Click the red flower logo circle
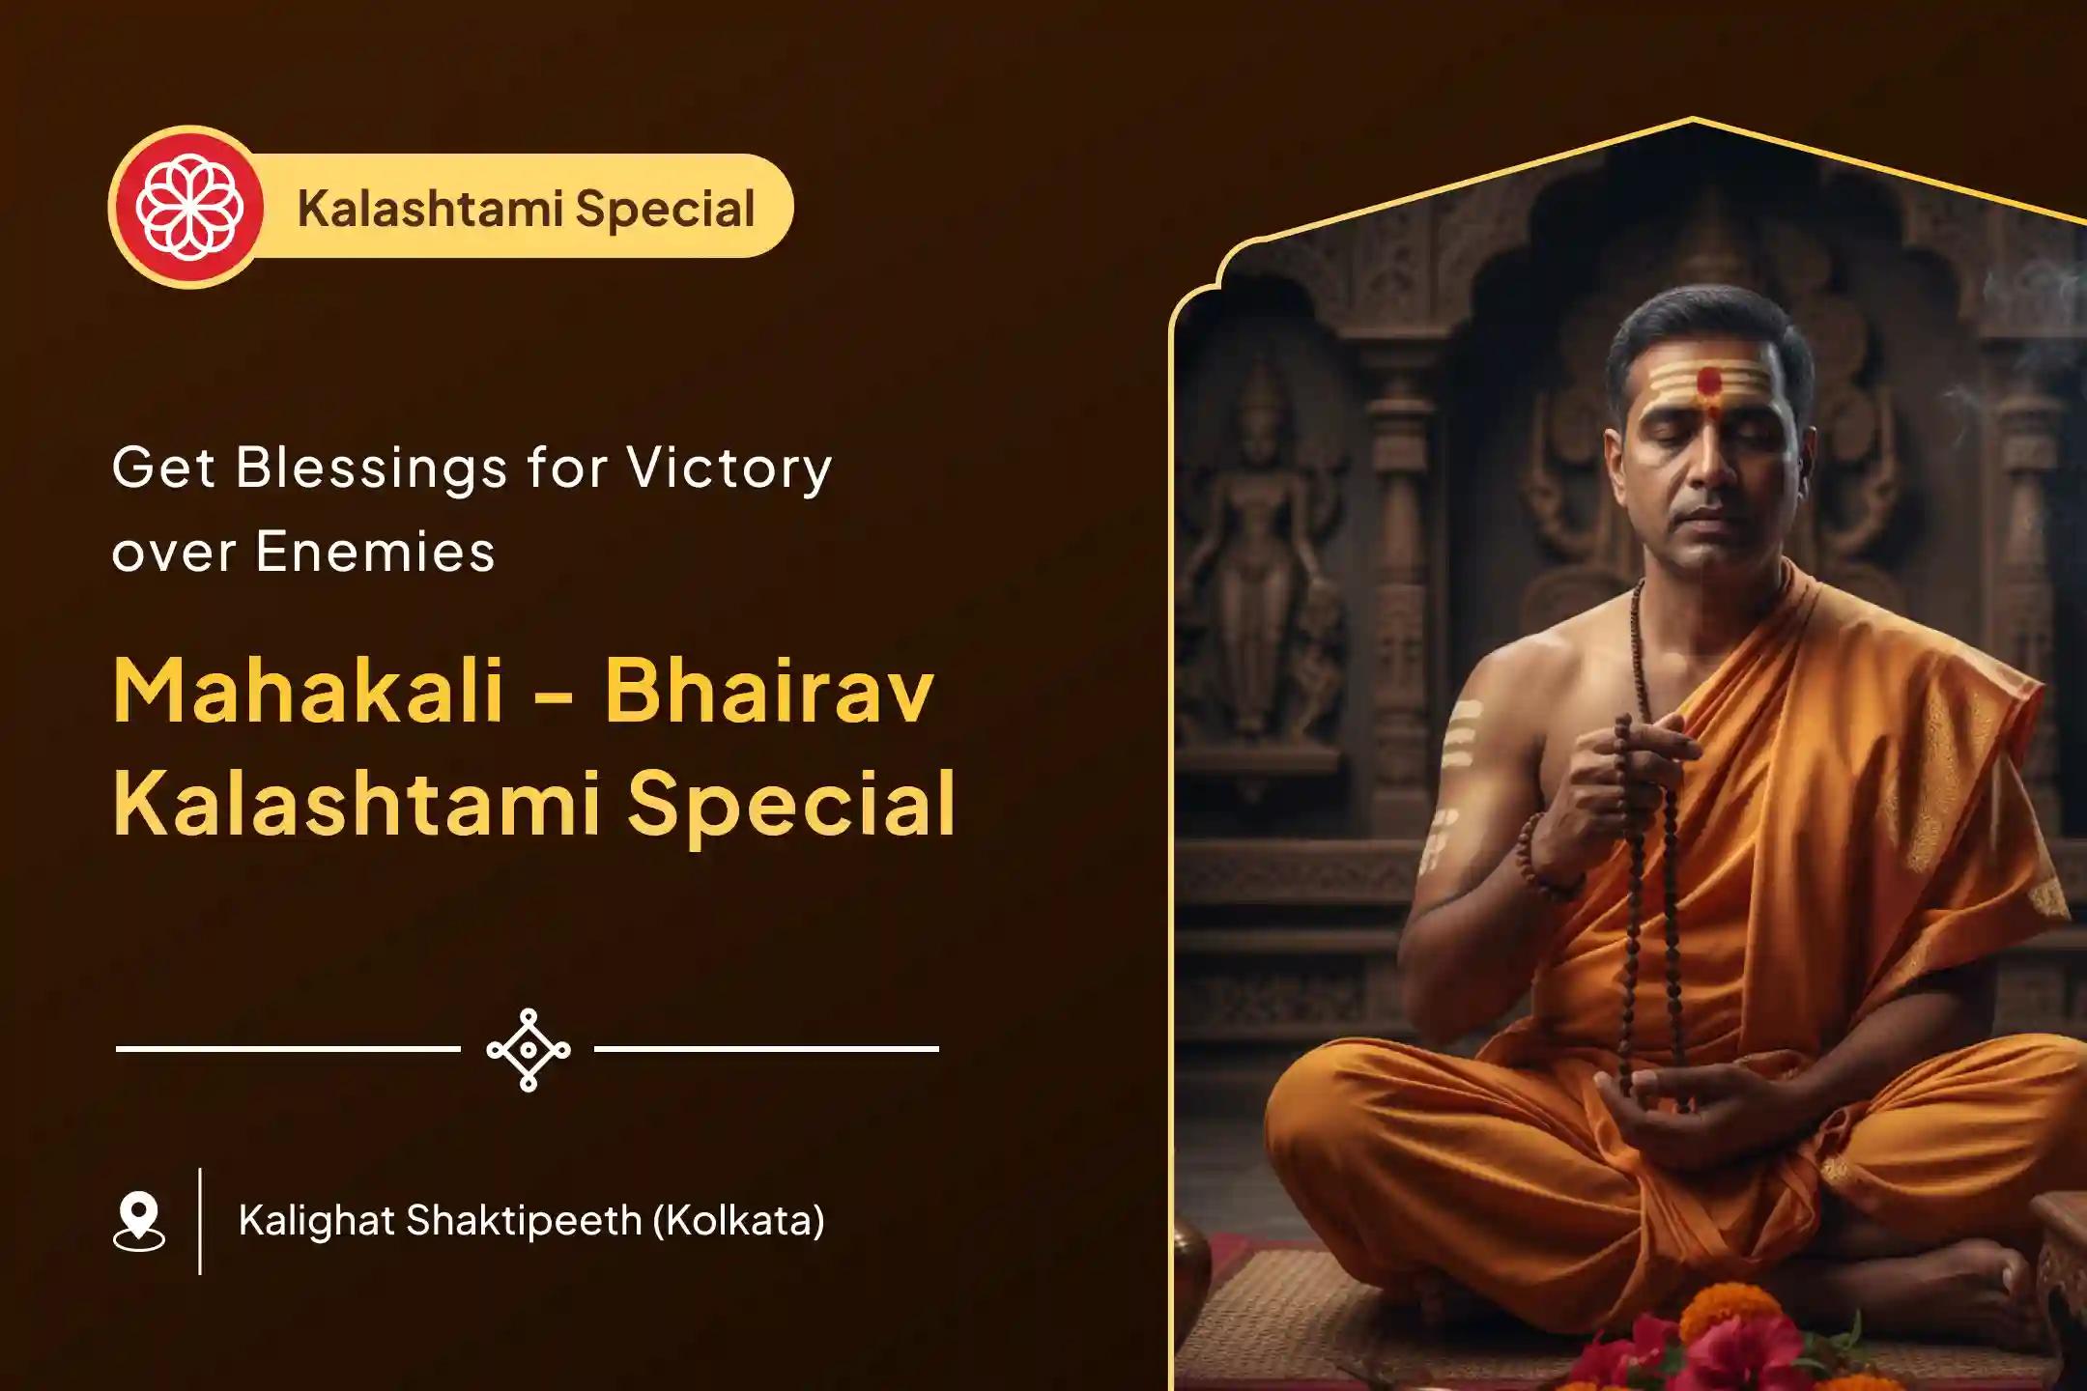coord(186,207)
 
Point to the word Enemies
coord(375,553)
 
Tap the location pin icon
coord(139,1221)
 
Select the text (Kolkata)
coord(739,1221)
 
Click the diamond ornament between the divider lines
coord(528,1050)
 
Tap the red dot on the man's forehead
coord(1710,382)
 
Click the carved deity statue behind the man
coord(1256,541)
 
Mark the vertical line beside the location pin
coord(200,1221)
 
